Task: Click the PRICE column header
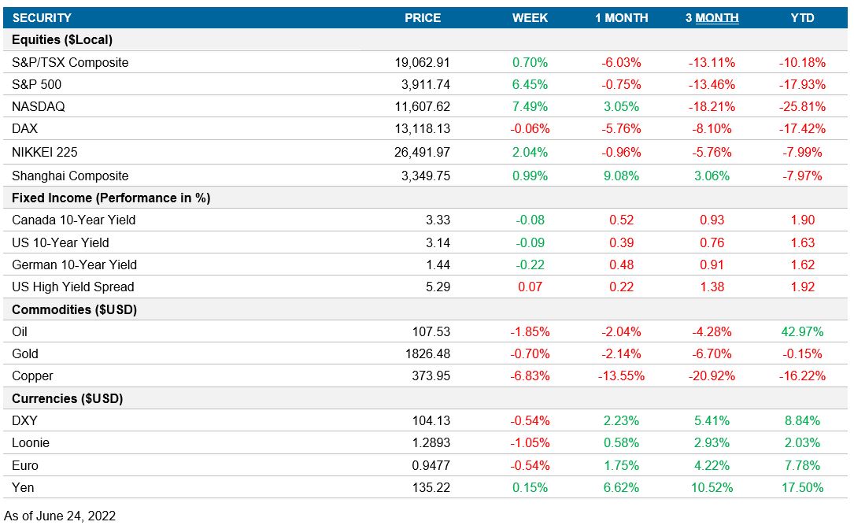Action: point(423,17)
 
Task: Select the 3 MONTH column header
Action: point(712,17)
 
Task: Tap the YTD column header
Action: point(802,17)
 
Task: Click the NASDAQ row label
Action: point(37,106)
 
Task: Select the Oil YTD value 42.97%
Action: point(802,331)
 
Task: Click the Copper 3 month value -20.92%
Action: point(712,376)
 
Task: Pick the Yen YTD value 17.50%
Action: point(802,488)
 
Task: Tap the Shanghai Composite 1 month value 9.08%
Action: point(621,176)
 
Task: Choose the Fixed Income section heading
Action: point(111,198)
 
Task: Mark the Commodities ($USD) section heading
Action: point(75,309)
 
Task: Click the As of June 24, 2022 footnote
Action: point(60,516)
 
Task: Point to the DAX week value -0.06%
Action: point(530,128)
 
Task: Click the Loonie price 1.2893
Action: point(431,443)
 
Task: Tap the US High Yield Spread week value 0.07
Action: point(530,287)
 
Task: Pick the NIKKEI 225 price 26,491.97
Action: point(423,153)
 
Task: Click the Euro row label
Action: point(25,465)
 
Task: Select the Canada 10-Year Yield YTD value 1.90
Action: point(802,220)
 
